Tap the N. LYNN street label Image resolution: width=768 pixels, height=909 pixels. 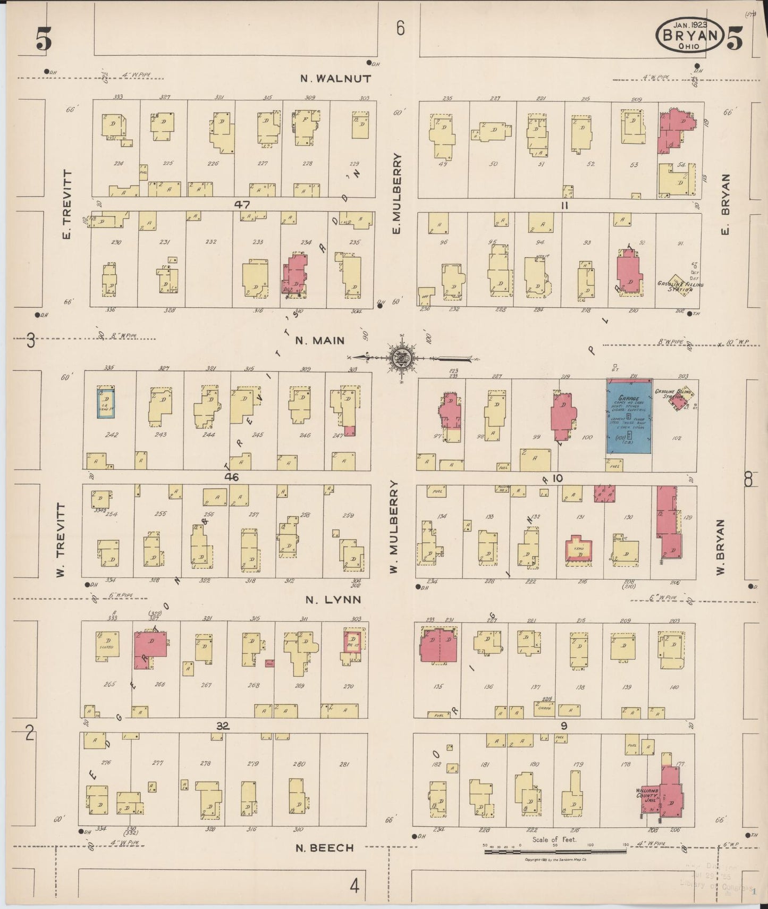[333, 600]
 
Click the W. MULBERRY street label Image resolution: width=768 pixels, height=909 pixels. [393, 527]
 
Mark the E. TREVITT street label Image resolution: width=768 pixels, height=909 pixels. [67, 204]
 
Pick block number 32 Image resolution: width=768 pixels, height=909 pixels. [223, 726]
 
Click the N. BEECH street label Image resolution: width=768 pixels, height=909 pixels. [324, 847]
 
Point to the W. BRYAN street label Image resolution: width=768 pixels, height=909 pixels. [721, 547]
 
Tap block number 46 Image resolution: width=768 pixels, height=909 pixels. [232, 477]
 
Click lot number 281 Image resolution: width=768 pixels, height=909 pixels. [344, 764]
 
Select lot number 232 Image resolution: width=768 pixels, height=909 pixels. [210, 242]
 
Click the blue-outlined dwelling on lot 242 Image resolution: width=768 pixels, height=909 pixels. [106, 403]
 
